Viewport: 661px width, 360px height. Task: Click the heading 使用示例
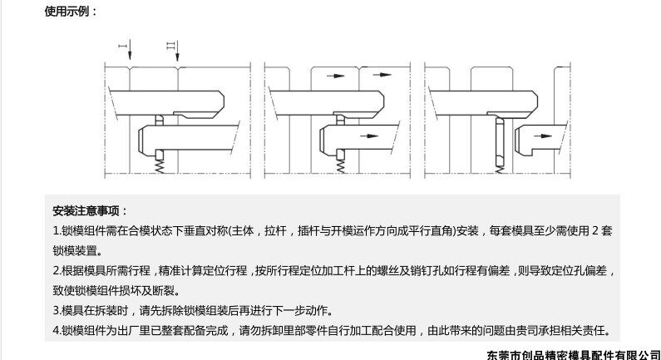[x=70, y=11]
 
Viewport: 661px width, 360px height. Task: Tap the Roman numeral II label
[x=171, y=44]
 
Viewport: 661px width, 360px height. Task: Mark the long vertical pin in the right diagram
[x=498, y=142]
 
